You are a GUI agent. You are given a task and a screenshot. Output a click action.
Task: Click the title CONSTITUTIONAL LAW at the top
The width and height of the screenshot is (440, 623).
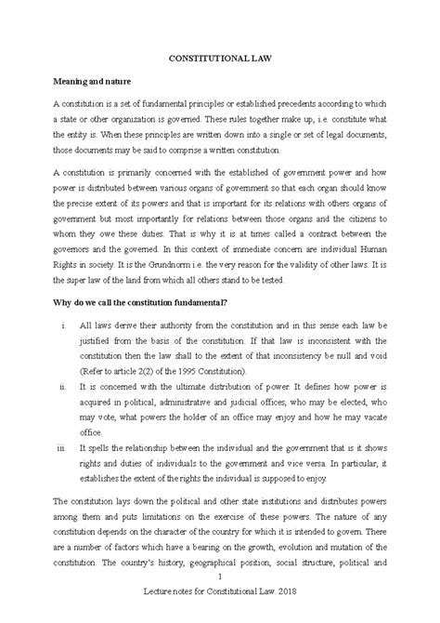[220, 57]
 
